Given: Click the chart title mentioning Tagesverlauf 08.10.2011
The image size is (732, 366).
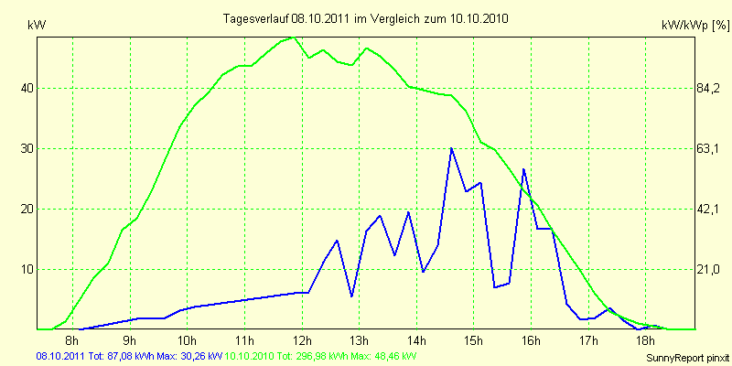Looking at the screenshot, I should pos(366,18).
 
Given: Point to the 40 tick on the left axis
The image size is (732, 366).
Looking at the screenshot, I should pos(27,89).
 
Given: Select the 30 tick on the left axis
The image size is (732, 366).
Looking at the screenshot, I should pos(27,149).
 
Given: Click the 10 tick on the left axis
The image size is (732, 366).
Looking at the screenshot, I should pos(27,269).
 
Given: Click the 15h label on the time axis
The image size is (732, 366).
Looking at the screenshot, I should pos(473,341).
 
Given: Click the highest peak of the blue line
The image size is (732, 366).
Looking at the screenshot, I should pos(451,148).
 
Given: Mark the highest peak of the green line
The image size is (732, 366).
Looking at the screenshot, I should pos(291,38).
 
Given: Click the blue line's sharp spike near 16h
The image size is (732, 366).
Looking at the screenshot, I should pos(523,169).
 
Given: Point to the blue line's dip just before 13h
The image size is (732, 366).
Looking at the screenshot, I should pos(352,296).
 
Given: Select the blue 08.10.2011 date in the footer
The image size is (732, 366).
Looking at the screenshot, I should pos(60,355).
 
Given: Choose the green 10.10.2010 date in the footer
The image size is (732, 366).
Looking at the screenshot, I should pos(249,355).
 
